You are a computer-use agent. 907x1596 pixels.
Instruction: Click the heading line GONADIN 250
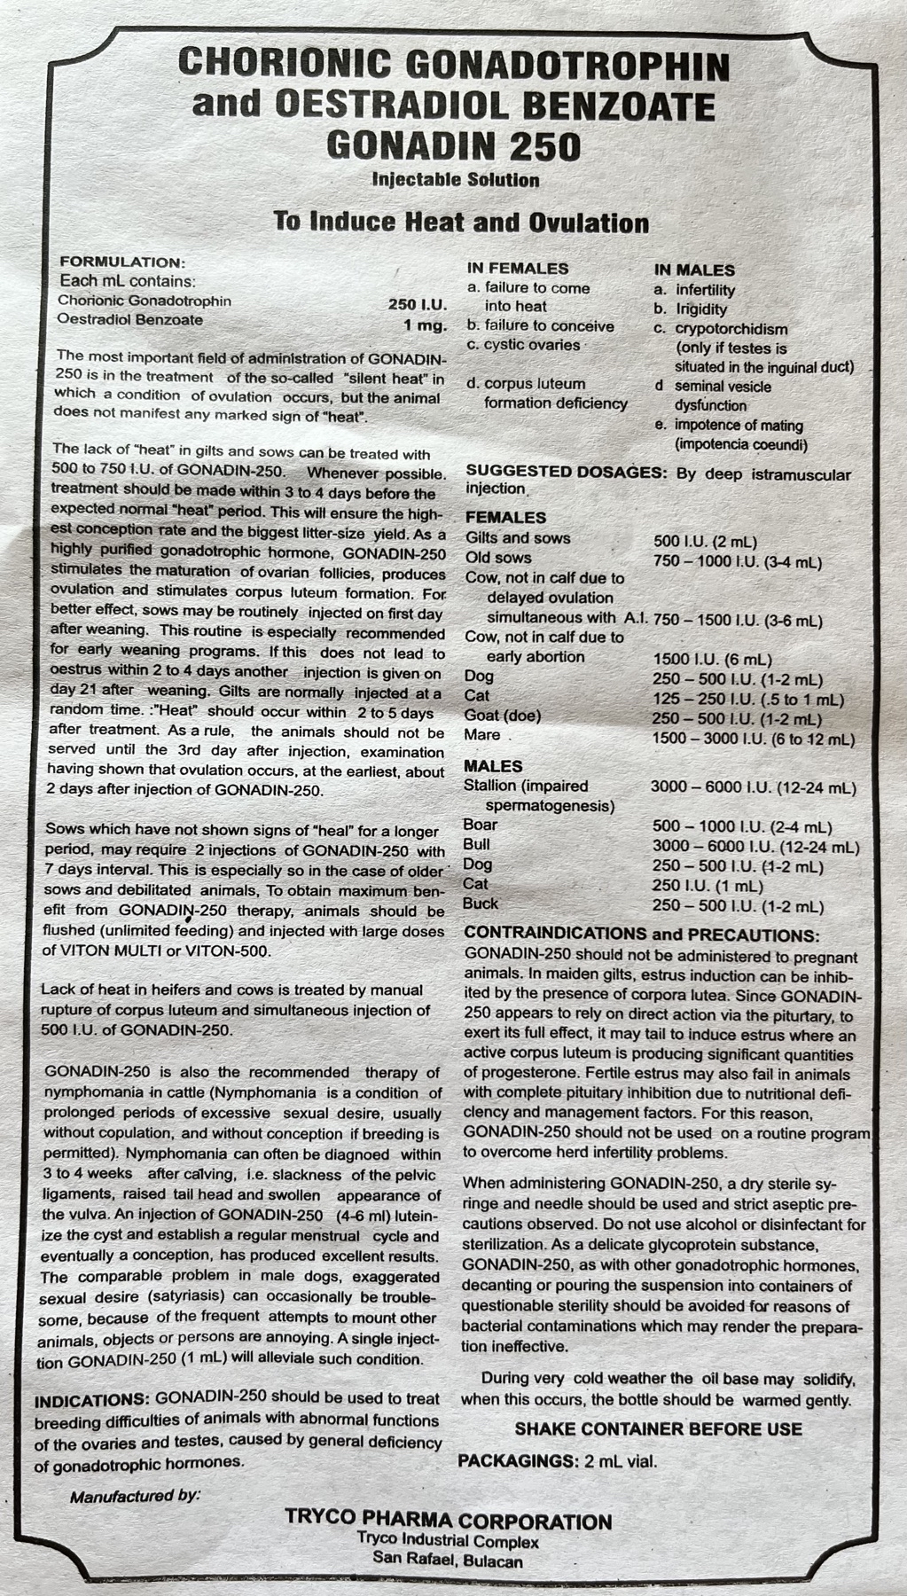pyautogui.click(x=454, y=145)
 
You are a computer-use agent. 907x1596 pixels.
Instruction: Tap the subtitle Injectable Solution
pyautogui.click(x=456, y=180)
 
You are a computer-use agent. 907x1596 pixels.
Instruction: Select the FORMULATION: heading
pyautogui.click(x=121, y=262)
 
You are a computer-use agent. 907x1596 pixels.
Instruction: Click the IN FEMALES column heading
pyautogui.click(x=518, y=269)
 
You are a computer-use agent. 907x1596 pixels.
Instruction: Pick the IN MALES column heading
pyautogui.click(x=695, y=270)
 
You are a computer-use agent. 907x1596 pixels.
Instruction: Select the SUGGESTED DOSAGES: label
pyautogui.click(x=567, y=473)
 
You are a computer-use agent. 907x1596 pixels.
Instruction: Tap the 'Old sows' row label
pyautogui.click(x=498, y=558)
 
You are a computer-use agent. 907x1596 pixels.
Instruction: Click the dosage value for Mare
pyautogui.click(x=754, y=739)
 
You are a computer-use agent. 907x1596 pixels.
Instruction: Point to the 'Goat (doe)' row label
pyautogui.click(x=503, y=716)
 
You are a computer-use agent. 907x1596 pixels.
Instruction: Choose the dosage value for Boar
pyautogui.click(x=742, y=826)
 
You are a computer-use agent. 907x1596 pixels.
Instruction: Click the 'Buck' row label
pyautogui.click(x=481, y=904)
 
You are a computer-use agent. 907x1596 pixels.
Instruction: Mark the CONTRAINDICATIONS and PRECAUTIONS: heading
pyautogui.click(x=642, y=935)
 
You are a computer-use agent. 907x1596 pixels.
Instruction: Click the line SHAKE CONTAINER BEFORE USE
pyautogui.click(x=659, y=1429)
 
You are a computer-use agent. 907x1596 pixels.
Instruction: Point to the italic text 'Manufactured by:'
pyautogui.click(x=136, y=1497)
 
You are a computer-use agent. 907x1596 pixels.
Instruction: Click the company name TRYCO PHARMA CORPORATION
pyautogui.click(x=449, y=1522)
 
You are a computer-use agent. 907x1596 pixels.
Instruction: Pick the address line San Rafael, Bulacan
pyautogui.click(x=448, y=1561)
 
